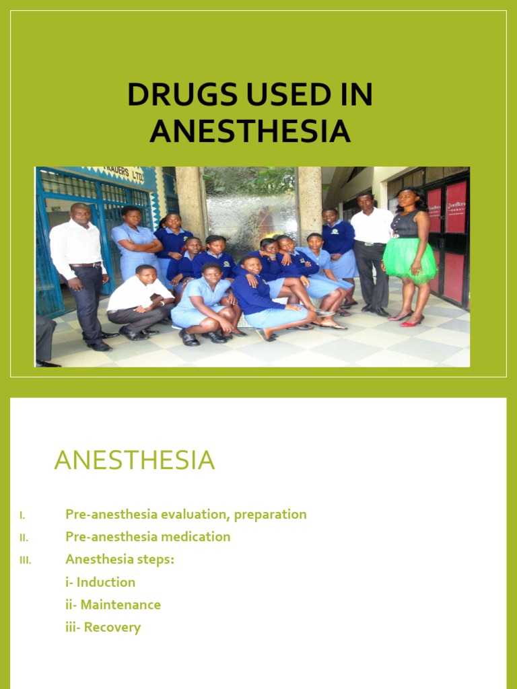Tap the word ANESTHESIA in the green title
(250, 131)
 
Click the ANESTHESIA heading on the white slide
(134, 460)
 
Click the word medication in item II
(197, 536)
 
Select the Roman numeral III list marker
(25, 560)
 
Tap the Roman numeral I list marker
(22, 515)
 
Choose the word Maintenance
(120, 604)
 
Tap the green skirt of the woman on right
(409, 259)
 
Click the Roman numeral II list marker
(24, 538)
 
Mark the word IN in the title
(345, 96)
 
